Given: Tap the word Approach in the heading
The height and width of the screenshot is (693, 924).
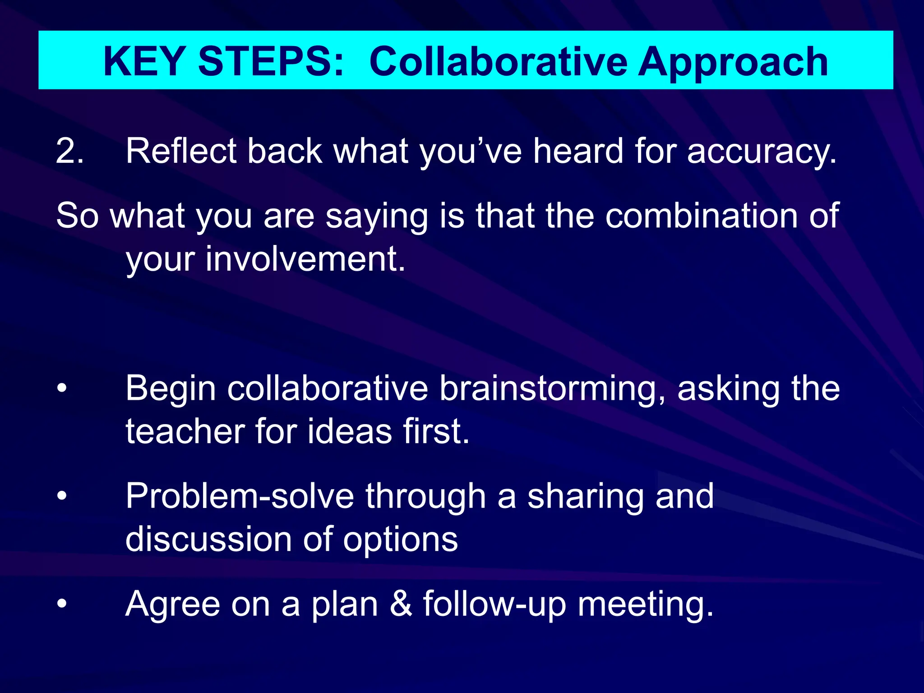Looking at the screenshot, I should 733,62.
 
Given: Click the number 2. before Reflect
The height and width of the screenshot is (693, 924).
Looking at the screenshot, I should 69,151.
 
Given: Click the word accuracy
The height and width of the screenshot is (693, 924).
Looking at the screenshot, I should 762,152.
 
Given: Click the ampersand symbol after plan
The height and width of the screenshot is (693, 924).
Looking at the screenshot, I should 401,604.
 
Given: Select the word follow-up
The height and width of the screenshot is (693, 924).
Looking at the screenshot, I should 494,604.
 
